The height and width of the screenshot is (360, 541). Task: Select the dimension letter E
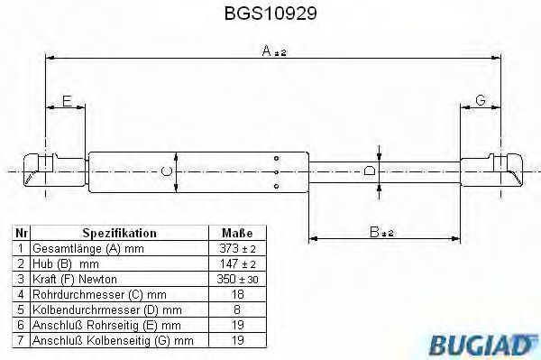(x=66, y=102)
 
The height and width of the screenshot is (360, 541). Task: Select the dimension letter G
(x=481, y=102)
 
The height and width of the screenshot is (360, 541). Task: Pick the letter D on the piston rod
(x=369, y=170)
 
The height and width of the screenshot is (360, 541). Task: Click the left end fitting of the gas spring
(x=41, y=170)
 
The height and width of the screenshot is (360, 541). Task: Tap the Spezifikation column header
(x=119, y=232)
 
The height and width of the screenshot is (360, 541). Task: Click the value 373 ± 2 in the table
(x=236, y=247)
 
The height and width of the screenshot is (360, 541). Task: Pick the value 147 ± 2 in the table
(x=236, y=263)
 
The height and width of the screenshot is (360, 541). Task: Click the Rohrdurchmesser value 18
(x=236, y=293)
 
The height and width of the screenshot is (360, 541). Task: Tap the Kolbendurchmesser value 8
(x=236, y=309)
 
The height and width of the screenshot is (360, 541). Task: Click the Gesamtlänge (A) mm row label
(x=76, y=247)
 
